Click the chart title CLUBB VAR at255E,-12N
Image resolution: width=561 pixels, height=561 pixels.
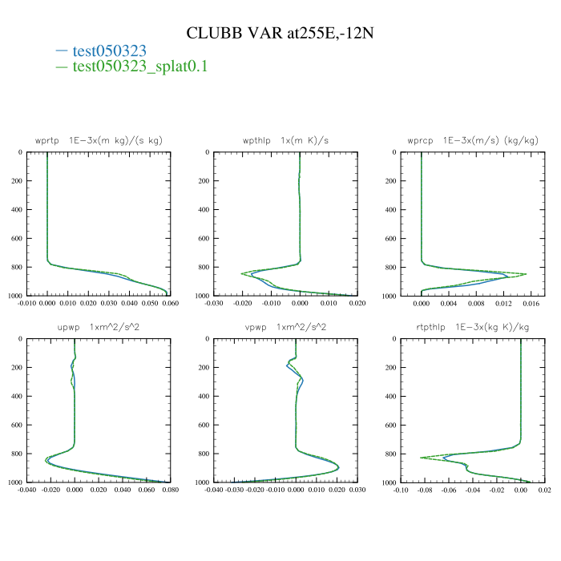point(280,33)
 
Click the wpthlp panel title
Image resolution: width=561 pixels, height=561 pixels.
point(286,140)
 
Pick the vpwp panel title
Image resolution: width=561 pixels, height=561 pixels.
point(286,327)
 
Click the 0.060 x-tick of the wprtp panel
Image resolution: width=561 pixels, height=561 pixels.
point(169,304)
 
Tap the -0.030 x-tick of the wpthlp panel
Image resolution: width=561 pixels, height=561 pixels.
point(214,304)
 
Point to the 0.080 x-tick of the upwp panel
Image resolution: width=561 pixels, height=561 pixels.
point(169,490)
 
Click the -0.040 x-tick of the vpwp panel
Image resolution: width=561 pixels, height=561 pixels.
point(214,490)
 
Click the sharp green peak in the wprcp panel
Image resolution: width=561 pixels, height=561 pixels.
point(526,274)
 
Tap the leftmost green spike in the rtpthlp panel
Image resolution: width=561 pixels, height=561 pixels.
point(422,458)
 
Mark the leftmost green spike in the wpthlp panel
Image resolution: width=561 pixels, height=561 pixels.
point(242,274)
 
